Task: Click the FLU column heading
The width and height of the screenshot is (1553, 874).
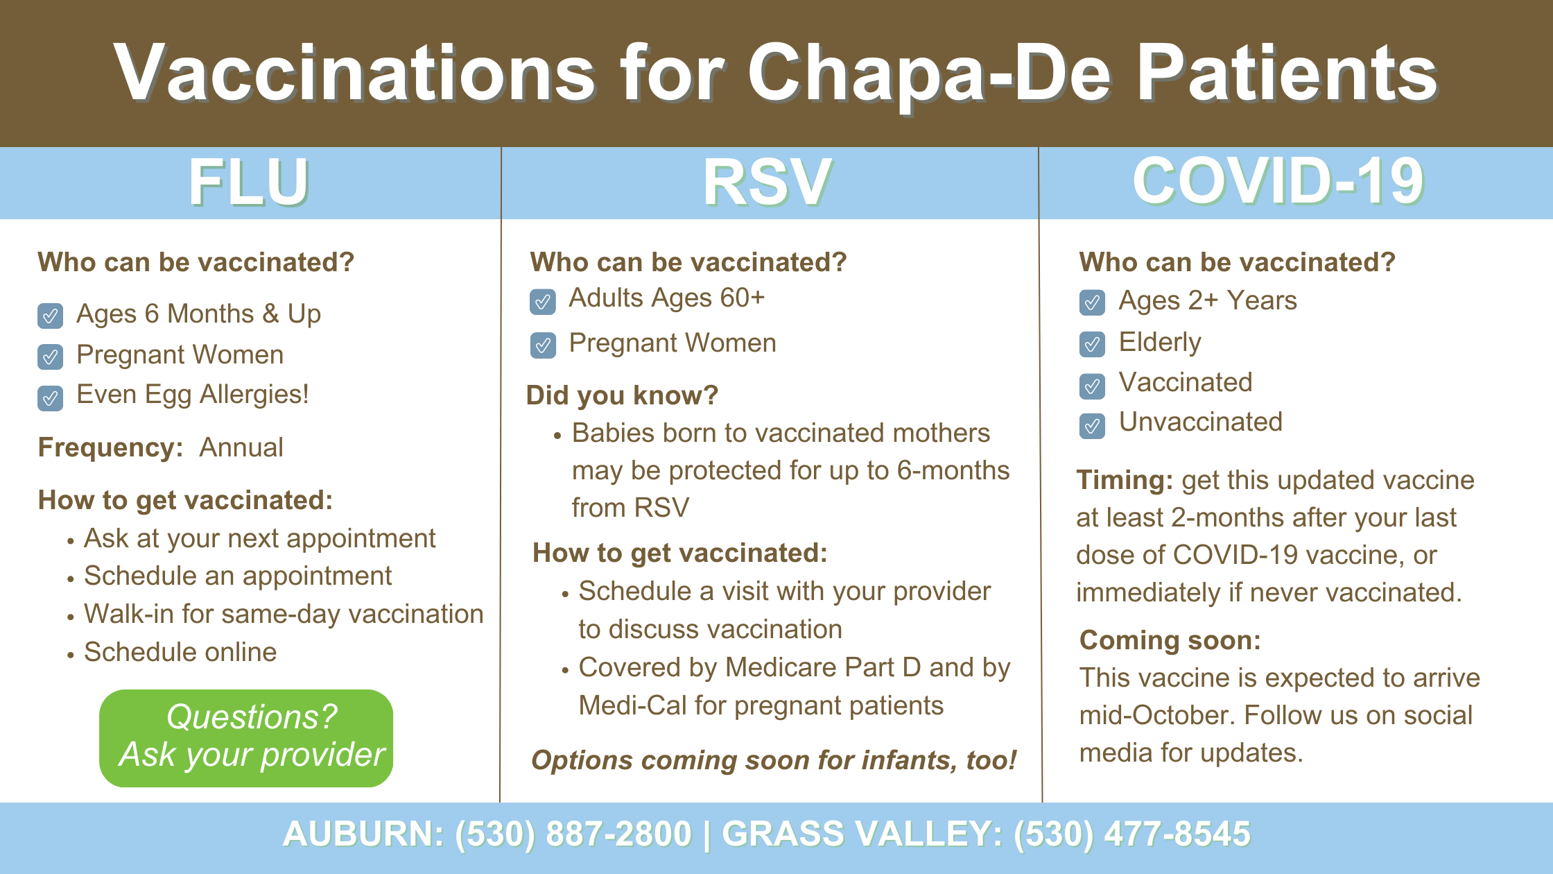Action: (249, 182)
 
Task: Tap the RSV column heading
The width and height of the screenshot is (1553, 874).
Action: (767, 182)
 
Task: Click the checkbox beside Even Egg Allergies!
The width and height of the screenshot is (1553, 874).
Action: (50, 398)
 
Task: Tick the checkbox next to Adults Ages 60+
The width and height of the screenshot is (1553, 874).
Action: (543, 302)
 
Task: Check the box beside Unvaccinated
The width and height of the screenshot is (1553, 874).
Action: (1092, 426)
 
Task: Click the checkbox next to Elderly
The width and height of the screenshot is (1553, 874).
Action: (1092, 344)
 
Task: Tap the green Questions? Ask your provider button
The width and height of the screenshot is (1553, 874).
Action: (246, 738)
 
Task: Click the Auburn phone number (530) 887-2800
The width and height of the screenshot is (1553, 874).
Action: (573, 834)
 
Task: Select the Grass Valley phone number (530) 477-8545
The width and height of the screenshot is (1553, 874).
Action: (1132, 834)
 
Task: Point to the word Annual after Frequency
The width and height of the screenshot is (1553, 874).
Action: (241, 447)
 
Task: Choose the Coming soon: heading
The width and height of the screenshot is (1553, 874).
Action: (1170, 640)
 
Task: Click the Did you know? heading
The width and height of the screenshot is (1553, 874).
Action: (623, 395)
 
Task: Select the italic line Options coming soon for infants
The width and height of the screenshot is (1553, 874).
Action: (774, 760)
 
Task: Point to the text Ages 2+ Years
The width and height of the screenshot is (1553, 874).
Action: (1208, 300)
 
